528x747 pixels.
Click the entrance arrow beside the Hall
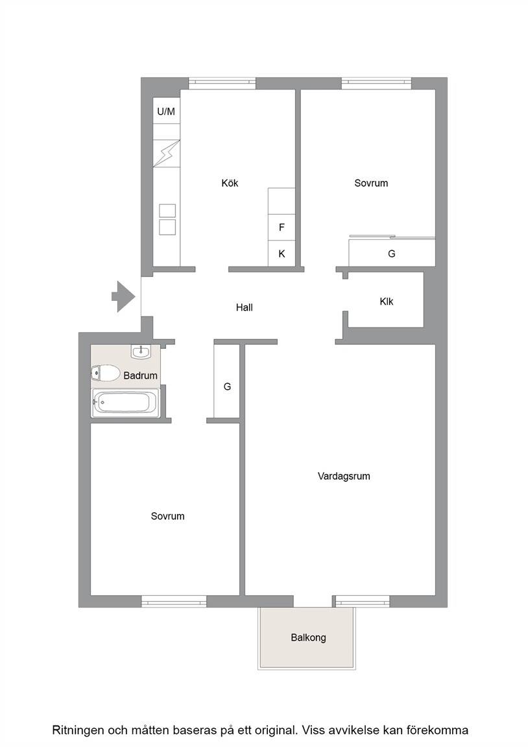pos(123,296)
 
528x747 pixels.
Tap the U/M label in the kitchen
pos(166,112)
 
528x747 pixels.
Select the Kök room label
pos(230,183)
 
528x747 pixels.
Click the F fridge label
pos(282,227)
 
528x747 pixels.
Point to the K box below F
pos(282,254)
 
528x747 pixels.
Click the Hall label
pos(245,308)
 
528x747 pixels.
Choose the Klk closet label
pos(387,302)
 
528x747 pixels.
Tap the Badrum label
pos(140,375)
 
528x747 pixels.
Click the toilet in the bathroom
pos(105,373)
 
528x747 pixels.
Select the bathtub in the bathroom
pos(126,403)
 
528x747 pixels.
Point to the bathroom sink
pos(141,351)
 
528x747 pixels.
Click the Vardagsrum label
pos(344,476)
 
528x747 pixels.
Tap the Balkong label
pos(308,637)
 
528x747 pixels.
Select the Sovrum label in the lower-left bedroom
pos(167,516)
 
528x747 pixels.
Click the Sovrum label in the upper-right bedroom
pos(371,183)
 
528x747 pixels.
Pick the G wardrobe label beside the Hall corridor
pos(227,387)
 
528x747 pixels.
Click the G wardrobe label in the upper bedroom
pos(392,254)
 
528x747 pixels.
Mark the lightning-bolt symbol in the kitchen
pos(166,154)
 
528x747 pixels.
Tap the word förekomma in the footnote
pos(438,730)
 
